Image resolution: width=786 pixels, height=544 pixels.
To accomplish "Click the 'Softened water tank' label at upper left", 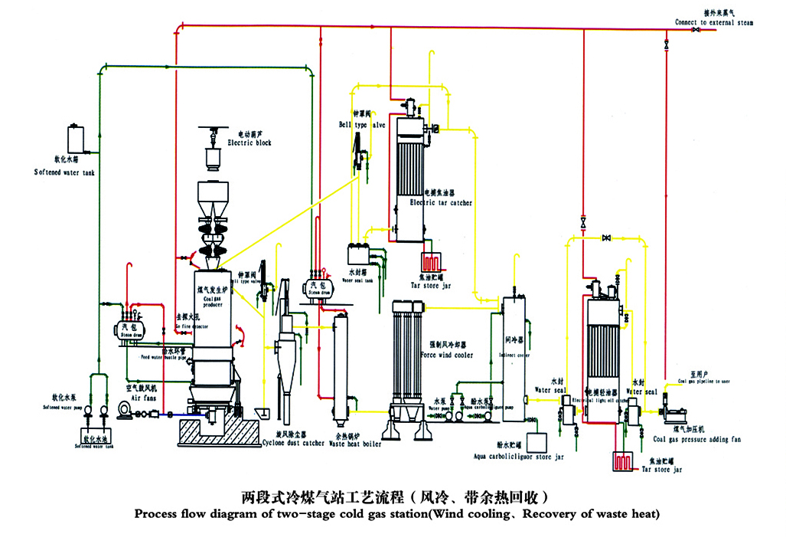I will click(64, 172).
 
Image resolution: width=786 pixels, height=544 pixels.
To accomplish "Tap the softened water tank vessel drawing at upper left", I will click(76, 139).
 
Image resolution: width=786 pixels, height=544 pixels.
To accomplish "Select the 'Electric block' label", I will click(249, 143).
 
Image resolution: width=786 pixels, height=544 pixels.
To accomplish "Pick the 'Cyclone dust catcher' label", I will click(293, 443).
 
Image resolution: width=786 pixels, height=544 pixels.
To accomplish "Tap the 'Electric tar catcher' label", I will click(441, 203).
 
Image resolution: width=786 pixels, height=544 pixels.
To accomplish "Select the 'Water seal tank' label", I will click(357, 280).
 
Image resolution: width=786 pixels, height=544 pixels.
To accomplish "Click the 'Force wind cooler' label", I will click(446, 356).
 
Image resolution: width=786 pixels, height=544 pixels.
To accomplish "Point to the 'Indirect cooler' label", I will click(513, 355).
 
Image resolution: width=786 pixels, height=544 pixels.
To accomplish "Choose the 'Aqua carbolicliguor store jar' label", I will click(519, 457).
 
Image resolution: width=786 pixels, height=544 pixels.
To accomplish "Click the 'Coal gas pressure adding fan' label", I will click(696, 440).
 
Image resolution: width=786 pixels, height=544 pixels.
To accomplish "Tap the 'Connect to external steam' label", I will click(713, 23).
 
